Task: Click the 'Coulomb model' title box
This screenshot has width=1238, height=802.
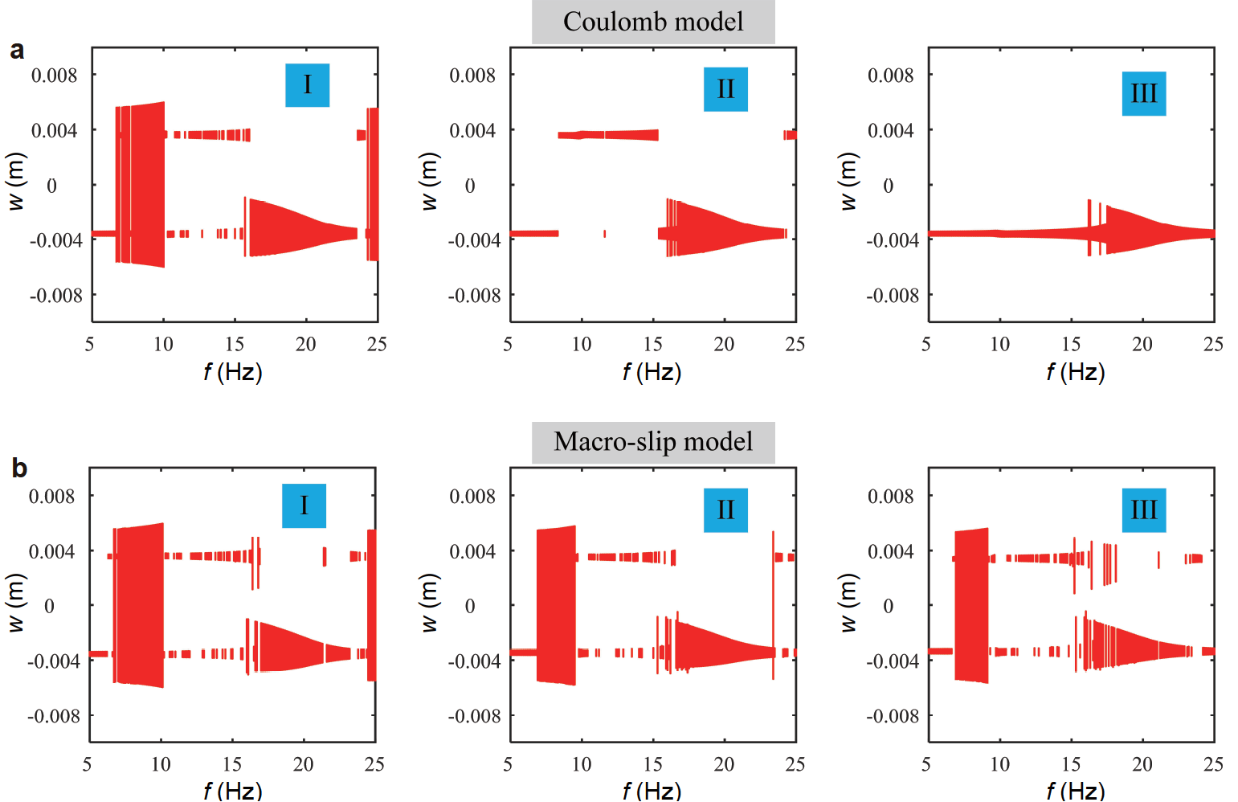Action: pyautogui.click(x=653, y=22)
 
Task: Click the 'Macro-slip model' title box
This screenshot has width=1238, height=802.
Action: pyautogui.click(x=653, y=442)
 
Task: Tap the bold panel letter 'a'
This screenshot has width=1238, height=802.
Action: pyautogui.click(x=17, y=51)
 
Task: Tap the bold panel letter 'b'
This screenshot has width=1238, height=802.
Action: pyautogui.click(x=18, y=469)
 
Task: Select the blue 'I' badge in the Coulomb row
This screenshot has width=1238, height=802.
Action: pyautogui.click(x=307, y=85)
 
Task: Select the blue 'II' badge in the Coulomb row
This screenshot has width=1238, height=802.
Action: pyautogui.click(x=725, y=89)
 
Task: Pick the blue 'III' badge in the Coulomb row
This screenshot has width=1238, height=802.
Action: pyautogui.click(x=1143, y=94)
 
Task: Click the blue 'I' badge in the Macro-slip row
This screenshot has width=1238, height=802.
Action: pyautogui.click(x=304, y=505)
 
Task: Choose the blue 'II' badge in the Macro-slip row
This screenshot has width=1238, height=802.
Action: pyautogui.click(x=725, y=510)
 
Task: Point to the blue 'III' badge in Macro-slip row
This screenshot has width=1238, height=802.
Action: pyautogui.click(x=1143, y=510)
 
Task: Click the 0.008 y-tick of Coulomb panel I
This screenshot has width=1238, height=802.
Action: pyautogui.click(x=55, y=76)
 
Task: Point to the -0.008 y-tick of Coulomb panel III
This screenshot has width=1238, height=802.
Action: pyautogui.click(x=892, y=296)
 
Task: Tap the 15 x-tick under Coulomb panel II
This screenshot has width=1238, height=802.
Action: pyautogui.click(x=652, y=345)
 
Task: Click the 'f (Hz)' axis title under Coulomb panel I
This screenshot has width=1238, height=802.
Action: pyautogui.click(x=233, y=372)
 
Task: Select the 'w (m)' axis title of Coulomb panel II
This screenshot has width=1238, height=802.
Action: pyautogui.click(x=430, y=182)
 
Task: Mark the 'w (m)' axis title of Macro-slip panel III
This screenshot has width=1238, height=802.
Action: pyautogui.click(x=848, y=603)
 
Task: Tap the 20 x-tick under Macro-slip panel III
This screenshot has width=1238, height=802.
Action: pyautogui.click(x=1142, y=764)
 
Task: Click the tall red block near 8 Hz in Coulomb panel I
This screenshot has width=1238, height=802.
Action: pyautogui.click(x=145, y=185)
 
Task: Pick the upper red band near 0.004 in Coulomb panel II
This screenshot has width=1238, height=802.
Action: pyautogui.click(x=608, y=135)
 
